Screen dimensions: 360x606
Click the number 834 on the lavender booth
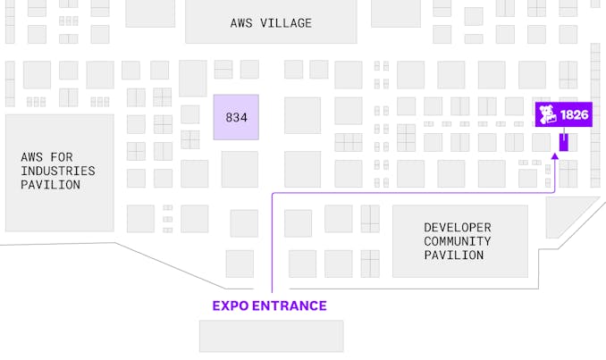(236, 117)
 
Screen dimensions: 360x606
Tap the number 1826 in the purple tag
(574, 115)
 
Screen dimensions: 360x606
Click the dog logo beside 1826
(547, 115)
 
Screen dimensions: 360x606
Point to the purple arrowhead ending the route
(555, 156)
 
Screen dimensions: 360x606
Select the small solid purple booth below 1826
(563, 141)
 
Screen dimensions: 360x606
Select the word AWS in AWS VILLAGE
(241, 23)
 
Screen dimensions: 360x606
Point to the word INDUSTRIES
(58, 171)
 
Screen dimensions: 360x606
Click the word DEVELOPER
(457, 227)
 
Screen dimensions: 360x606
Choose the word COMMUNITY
(457, 241)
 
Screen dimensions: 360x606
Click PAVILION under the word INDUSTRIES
(51, 185)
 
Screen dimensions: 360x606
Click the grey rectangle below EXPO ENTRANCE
(271, 336)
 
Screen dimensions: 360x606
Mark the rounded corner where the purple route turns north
(274, 194)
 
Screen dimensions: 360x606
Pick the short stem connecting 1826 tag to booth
(563, 130)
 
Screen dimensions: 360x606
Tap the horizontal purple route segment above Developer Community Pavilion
(411, 192)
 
